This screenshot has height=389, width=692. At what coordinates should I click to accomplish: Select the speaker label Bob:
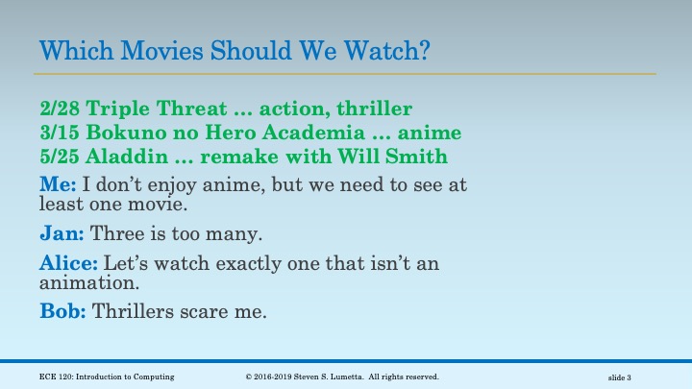[63, 311]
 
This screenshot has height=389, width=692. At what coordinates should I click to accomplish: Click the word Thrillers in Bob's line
[136, 311]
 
